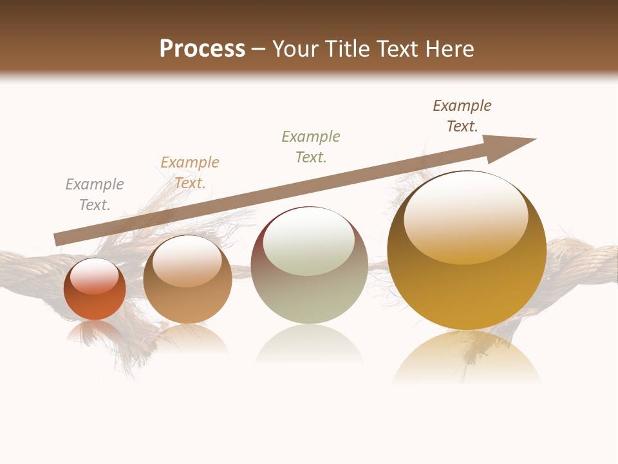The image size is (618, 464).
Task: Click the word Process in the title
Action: tap(202, 49)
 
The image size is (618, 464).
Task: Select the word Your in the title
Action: tap(295, 49)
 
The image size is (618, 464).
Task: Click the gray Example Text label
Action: tap(95, 195)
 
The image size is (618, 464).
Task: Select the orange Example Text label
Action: tap(190, 173)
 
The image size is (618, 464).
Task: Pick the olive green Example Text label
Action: tap(311, 147)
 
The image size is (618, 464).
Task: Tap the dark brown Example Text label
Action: tap(462, 116)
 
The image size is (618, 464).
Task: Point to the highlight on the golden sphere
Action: tap(466, 216)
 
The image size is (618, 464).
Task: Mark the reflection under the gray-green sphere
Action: tap(309, 345)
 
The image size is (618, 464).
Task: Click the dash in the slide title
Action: tap(258, 50)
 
